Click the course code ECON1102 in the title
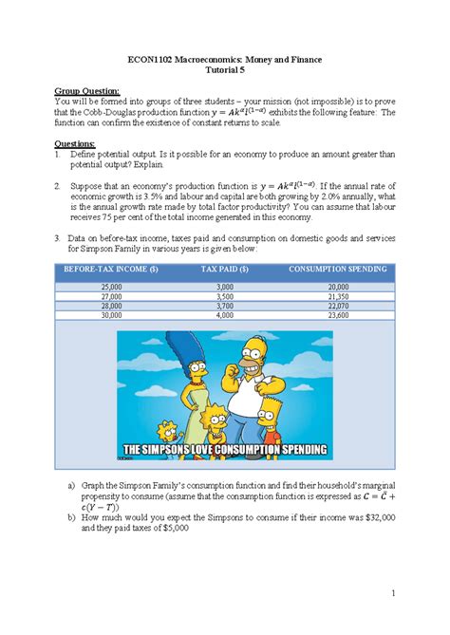click(152, 60)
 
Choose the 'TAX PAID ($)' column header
click(225, 270)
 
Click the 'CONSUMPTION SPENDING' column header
click(338, 270)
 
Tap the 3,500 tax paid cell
click(225, 296)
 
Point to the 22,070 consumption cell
click(338, 307)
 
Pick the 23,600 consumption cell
click(338, 316)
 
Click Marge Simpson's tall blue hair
click(197, 366)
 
